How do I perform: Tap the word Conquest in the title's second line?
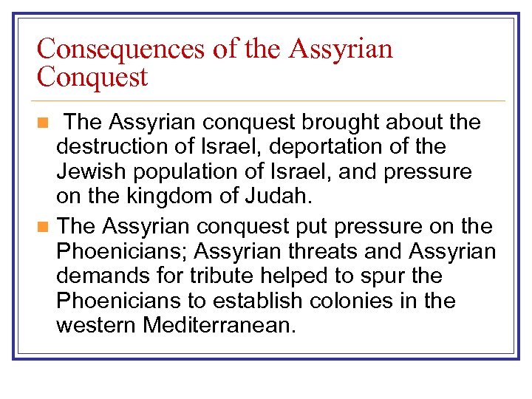[92, 77]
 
